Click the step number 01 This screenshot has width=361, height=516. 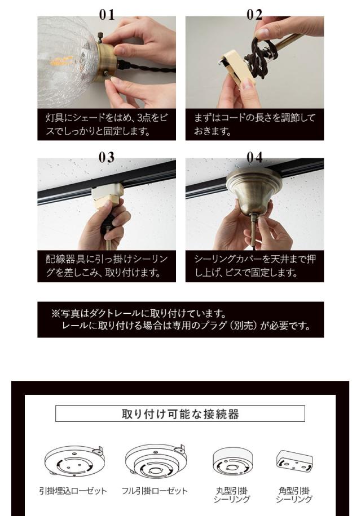click(106, 15)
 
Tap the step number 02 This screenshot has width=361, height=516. click(255, 15)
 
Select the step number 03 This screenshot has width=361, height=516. click(106, 158)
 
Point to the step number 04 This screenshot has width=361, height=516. click(255, 158)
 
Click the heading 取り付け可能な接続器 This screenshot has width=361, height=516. click(180, 414)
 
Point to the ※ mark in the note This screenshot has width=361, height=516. click(56, 313)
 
